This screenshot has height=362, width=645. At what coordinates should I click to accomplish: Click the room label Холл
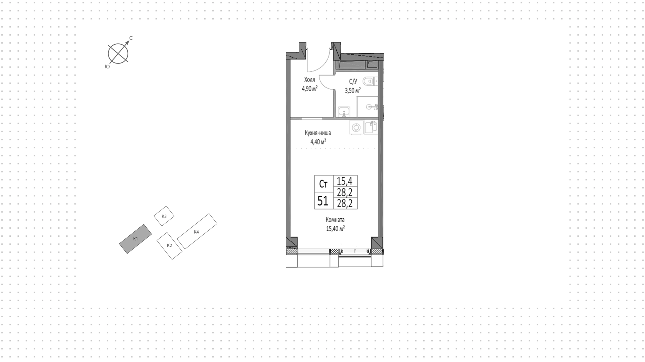(x=310, y=80)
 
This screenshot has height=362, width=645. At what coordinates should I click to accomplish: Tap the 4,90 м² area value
(x=310, y=89)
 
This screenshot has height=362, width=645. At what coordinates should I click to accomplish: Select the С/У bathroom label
(x=353, y=82)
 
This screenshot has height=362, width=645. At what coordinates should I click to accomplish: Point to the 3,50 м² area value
(x=353, y=90)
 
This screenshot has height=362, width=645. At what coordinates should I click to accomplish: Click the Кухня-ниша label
(x=318, y=133)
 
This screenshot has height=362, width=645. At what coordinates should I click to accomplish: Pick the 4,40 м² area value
(x=318, y=142)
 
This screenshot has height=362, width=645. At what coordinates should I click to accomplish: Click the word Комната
(x=335, y=220)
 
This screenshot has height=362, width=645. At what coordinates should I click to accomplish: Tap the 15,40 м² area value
(x=336, y=229)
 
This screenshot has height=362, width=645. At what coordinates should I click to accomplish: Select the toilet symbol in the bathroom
(x=370, y=81)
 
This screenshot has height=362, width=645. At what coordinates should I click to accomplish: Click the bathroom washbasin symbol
(x=344, y=112)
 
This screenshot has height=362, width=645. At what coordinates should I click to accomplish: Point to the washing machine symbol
(x=356, y=128)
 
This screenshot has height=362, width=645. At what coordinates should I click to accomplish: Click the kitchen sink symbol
(x=371, y=127)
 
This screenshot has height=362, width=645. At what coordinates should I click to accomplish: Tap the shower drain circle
(x=369, y=107)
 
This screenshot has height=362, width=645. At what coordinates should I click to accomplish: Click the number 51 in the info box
(x=323, y=201)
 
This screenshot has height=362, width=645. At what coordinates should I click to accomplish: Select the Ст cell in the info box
(x=323, y=184)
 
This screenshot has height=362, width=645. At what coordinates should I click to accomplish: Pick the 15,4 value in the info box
(x=345, y=181)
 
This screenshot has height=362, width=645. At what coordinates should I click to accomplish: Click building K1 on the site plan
(x=135, y=239)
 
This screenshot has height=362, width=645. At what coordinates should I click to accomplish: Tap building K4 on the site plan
(x=197, y=231)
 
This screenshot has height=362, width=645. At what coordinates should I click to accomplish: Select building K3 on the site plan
(x=164, y=216)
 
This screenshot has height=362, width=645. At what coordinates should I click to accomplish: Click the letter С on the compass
(x=131, y=38)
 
